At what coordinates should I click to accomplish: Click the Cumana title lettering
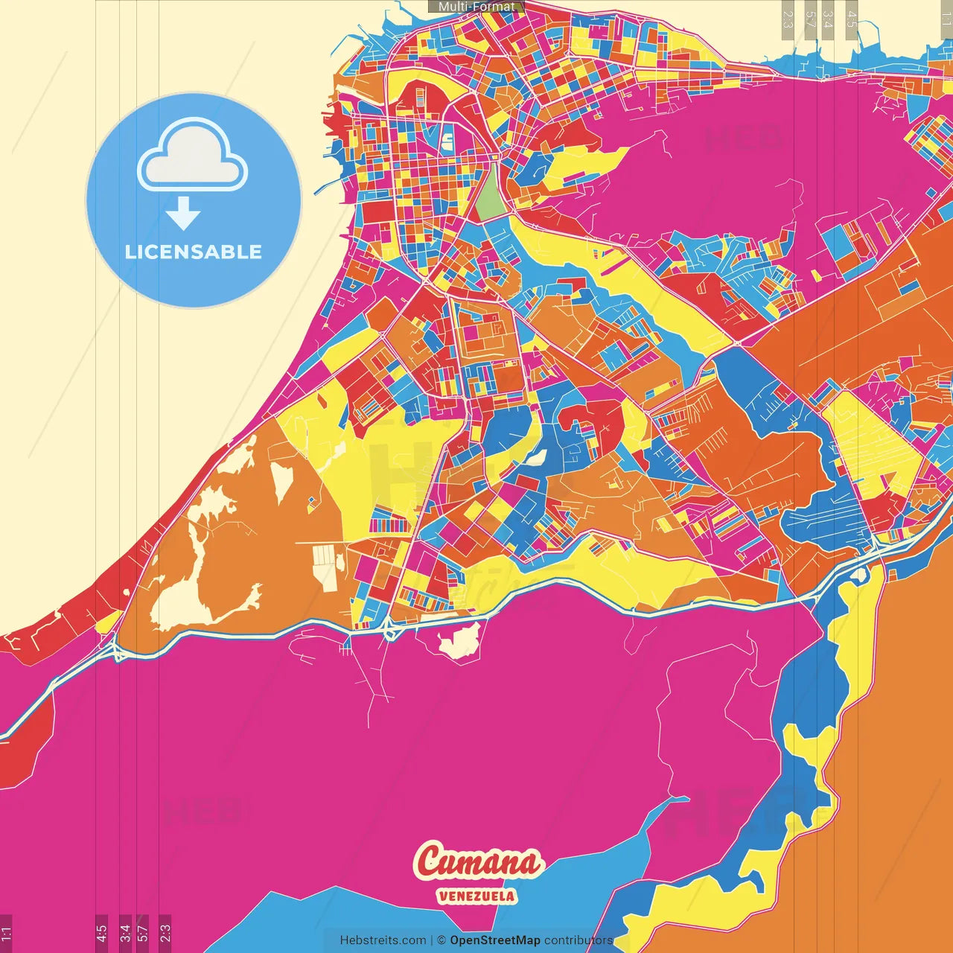[x=478, y=862]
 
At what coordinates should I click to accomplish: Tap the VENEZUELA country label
[x=476, y=896]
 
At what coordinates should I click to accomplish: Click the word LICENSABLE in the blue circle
[x=194, y=252]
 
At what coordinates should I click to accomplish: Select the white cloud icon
[x=193, y=156]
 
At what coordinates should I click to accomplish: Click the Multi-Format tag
[x=476, y=7]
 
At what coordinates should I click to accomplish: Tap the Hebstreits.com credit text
[x=383, y=940]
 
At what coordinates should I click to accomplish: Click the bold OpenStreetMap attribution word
[x=495, y=940]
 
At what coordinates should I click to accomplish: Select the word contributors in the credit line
[x=579, y=940]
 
